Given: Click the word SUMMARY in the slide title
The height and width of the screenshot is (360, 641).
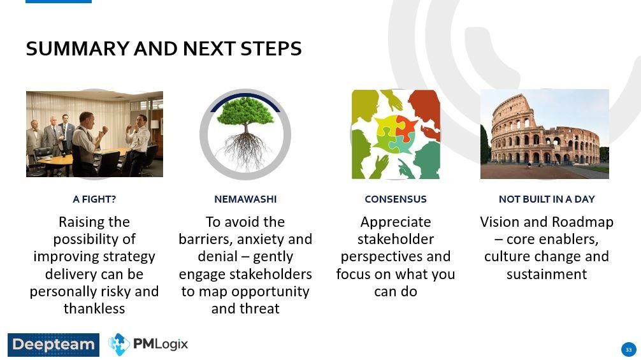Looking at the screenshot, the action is click(78, 48).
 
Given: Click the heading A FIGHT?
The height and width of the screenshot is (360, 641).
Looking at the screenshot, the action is click(94, 199).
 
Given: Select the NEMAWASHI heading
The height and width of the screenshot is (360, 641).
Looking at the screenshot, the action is click(245, 199).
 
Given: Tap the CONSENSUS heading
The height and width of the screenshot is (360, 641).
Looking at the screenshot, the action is click(395, 199).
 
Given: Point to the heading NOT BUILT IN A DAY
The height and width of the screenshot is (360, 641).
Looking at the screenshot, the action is click(547, 199).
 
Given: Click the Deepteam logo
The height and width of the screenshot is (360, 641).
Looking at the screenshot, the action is click(54, 345).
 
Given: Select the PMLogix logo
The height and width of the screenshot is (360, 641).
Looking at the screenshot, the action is click(148, 345).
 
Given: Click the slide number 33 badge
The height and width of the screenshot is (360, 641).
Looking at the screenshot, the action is click(629, 349).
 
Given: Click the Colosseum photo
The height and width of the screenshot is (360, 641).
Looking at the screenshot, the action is click(545, 134).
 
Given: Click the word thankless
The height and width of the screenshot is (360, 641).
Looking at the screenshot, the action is click(94, 308).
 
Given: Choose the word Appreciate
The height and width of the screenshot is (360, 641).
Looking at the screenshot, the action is click(395, 222).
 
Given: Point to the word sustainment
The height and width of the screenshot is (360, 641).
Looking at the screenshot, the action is click(547, 274).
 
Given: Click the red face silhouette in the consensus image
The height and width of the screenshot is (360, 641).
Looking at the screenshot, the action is click(424, 108).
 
